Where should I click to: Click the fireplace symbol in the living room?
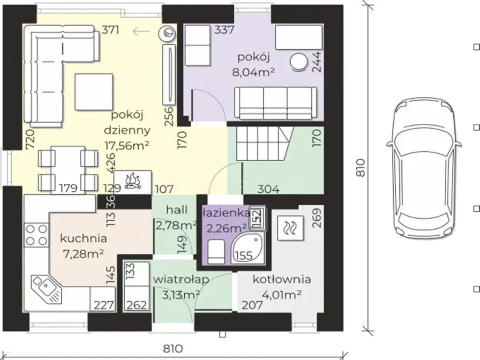[133, 182]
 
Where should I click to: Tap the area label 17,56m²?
[127, 145]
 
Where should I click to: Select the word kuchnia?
[83, 238]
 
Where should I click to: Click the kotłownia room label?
[282, 279]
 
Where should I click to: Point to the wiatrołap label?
[181, 279]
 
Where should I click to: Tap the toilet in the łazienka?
[216, 252]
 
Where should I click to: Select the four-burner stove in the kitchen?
[36, 235]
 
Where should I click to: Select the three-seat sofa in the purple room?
[276, 103]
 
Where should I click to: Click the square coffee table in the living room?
[94, 92]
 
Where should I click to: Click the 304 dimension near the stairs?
[268, 189]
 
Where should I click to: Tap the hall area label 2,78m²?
[176, 225]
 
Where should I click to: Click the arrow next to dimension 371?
[141, 30]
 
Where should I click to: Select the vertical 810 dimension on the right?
[361, 167]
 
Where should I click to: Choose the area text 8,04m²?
[254, 72]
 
